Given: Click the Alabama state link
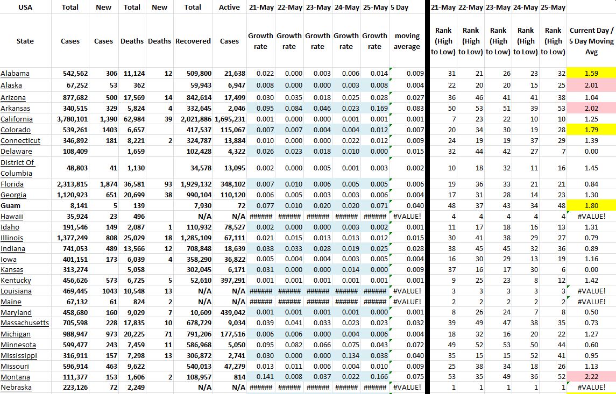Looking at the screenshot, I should coord(15,74).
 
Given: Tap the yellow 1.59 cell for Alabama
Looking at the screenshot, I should coord(591,74).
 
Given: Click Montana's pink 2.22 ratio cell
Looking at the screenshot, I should coord(591,377).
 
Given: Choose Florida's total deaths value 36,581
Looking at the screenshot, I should coord(132,184).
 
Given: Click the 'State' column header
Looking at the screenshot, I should coord(25,41).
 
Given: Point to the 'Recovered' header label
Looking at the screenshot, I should coord(193,41).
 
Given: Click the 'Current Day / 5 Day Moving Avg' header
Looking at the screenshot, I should coord(591,41).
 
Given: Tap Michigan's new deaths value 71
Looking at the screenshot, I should coord(167,334).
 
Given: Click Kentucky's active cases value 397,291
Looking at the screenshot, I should coord(232,281).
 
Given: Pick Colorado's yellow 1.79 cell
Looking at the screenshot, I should coord(591,130).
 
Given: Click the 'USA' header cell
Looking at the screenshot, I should coord(25,8).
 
